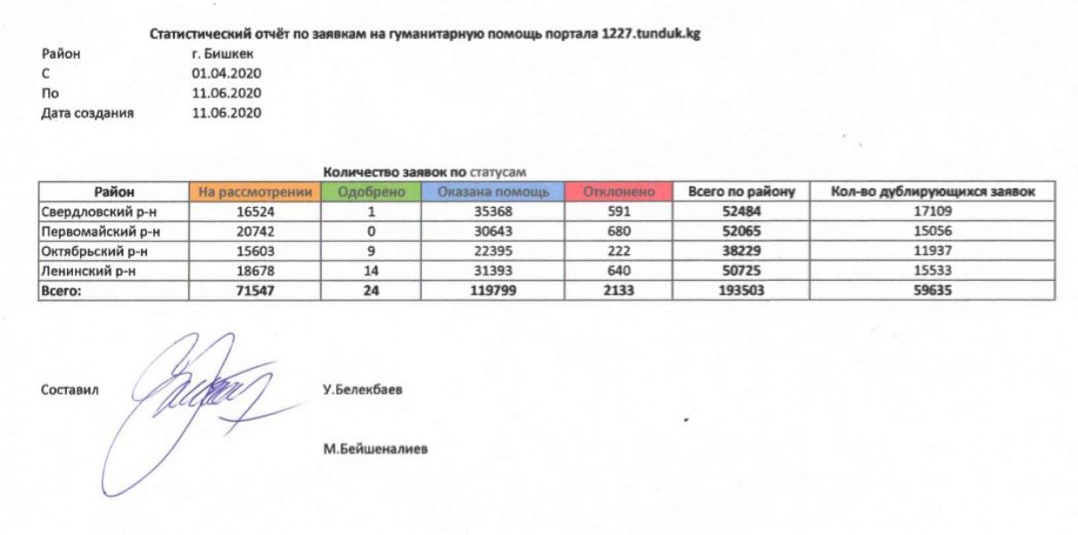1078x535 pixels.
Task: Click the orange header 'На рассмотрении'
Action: pos(255,192)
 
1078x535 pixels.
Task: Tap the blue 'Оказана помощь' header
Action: pos(490,192)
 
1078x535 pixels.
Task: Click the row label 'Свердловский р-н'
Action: pos(93,212)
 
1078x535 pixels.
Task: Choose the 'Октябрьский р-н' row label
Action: pos(93,251)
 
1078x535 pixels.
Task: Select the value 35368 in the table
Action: pos(490,212)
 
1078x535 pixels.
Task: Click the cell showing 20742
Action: pos(255,232)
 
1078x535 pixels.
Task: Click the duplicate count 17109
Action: pos(931,212)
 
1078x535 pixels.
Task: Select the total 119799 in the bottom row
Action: pos(490,291)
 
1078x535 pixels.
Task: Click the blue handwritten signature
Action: pos(192,401)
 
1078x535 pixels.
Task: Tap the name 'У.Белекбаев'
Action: pos(364,390)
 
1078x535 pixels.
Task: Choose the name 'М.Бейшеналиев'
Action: pos(375,449)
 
